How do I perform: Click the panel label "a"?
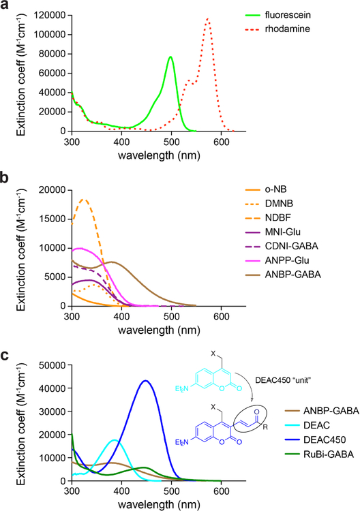point(6,6)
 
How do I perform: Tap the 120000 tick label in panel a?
point(47,14)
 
